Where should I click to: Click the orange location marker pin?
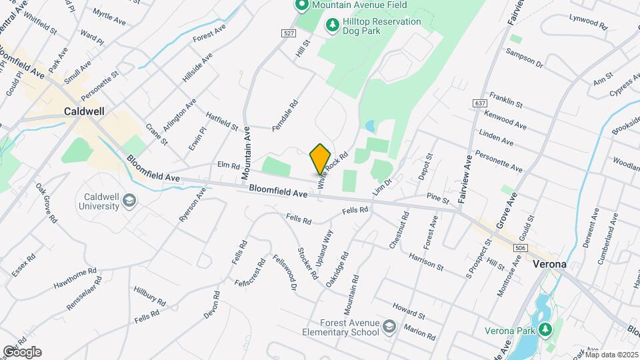pos(320,159)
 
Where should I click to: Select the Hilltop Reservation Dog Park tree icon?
pos(331,25)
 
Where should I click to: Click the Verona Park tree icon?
pos(545,329)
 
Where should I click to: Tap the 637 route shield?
pos(481,103)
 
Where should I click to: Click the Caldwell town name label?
pos(83,111)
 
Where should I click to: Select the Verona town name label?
pos(550,264)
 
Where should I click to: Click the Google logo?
pos(21,351)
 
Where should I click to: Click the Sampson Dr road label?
pos(525,57)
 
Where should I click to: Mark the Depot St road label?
pos(426,166)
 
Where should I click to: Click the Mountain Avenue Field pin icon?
pos(300,5)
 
